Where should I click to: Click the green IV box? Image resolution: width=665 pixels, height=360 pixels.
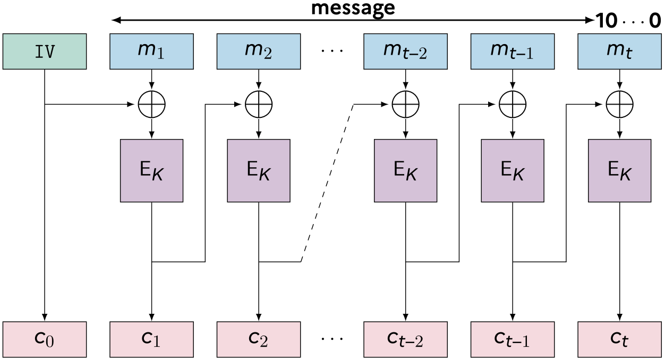tap(45, 52)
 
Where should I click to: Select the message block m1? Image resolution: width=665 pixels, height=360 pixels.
tap(151, 52)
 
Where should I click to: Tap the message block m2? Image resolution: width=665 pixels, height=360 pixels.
tap(259, 52)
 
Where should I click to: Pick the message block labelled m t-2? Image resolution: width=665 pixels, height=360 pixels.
tap(405, 52)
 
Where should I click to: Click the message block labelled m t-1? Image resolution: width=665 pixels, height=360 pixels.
tap(513, 52)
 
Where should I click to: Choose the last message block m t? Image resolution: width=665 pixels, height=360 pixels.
tap(619, 52)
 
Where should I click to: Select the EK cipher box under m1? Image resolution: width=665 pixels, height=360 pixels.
tap(151, 170)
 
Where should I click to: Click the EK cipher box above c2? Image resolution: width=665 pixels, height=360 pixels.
tap(259, 170)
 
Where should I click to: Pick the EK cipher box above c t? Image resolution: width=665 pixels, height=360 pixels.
tap(619, 170)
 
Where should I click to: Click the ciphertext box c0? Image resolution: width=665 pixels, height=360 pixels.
tap(45, 339)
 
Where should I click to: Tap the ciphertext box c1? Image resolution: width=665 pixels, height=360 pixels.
tap(151, 339)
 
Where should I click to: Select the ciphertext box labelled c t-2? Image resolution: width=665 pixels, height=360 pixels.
tap(405, 339)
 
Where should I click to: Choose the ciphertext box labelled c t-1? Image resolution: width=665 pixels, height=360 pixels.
tap(513, 339)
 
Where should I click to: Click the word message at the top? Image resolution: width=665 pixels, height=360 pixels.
tap(353, 8)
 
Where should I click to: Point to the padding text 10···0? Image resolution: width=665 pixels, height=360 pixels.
tap(628, 21)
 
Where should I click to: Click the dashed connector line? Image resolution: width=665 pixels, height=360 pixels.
tap(327, 183)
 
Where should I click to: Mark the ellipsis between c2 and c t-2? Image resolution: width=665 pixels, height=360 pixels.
tap(332, 338)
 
